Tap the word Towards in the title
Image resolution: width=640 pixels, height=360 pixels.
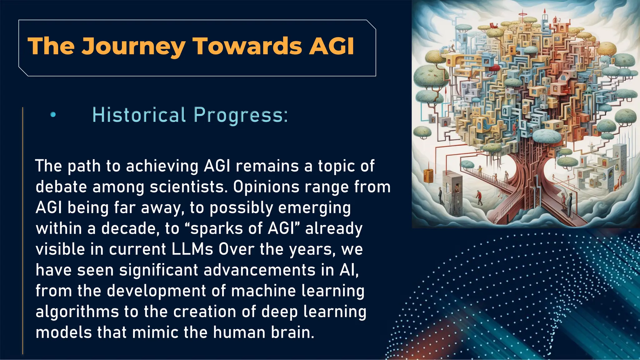pyautogui.click(x=247, y=46)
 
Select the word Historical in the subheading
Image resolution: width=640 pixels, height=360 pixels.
pyautogui.click(x=139, y=115)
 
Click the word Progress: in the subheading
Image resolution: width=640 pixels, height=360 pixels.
pyautogui.click(x=241, y=115)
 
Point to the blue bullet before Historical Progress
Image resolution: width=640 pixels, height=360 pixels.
pyautogui.click(x=53, y=115)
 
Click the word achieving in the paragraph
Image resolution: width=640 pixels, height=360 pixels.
pyautogui.click(x=162, y=166)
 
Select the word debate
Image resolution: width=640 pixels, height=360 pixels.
pyautogui.click(x=61, y=187)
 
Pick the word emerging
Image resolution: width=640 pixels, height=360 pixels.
pyautogui.click(x=314, y=208)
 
